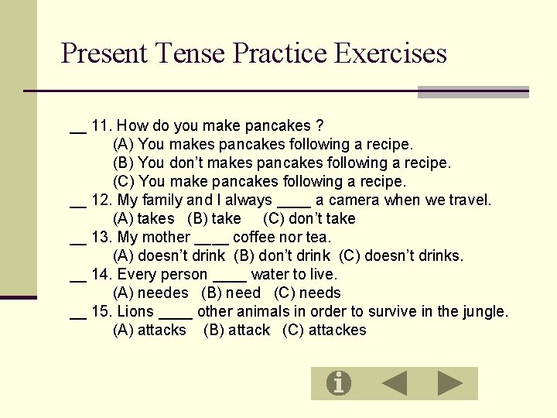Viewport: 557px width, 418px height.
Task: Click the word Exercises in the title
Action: click(x=391, y=53)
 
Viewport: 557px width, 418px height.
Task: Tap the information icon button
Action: click(x=338, y=383)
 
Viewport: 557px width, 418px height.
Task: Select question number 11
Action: click(x=102, y=125)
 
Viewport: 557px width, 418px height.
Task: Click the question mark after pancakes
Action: click(x=320, y=125)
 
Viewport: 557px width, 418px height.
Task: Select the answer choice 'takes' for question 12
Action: click(x=155, y=218)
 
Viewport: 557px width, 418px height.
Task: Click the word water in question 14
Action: click(x=270, y=274)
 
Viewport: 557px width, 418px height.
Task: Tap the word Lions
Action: click(x=135, y=311)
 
